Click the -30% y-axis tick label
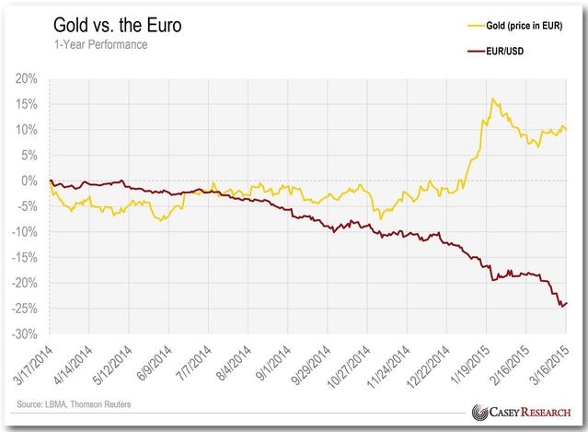(22, 333)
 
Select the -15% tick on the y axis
(22, 257)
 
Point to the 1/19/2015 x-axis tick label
(472, 367)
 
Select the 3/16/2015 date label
(551, 367)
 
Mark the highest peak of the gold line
(493, 98)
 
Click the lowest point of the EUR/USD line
(560, 307)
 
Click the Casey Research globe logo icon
(478, 412)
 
